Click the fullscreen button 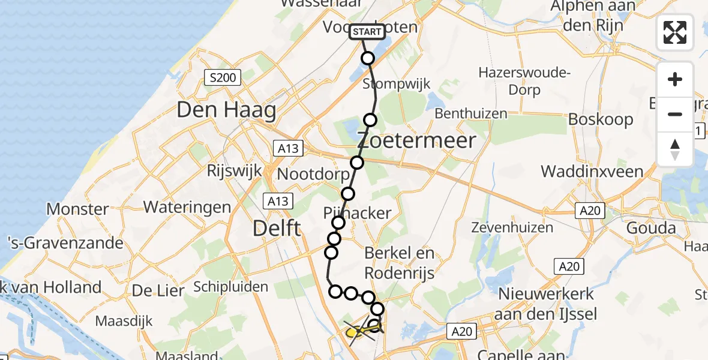pyautogui.click(x=675, y=32)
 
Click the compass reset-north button pyautogui.click(x=675, y=149)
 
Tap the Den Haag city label pyautogui.click(x=226, y=110)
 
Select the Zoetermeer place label pyautogui.click(x=417, y=141)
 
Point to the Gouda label pyautogui.click(x=652, y=228)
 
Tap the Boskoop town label pyautogui.click(x=600, y=119)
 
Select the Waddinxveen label pyautogui.click(x=592, y=172)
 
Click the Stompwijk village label pyautogui.click(x=397, y=83)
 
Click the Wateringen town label pyautogui.click(x=187, y=208)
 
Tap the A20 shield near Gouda pyautogui.click(x=590, y=210)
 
